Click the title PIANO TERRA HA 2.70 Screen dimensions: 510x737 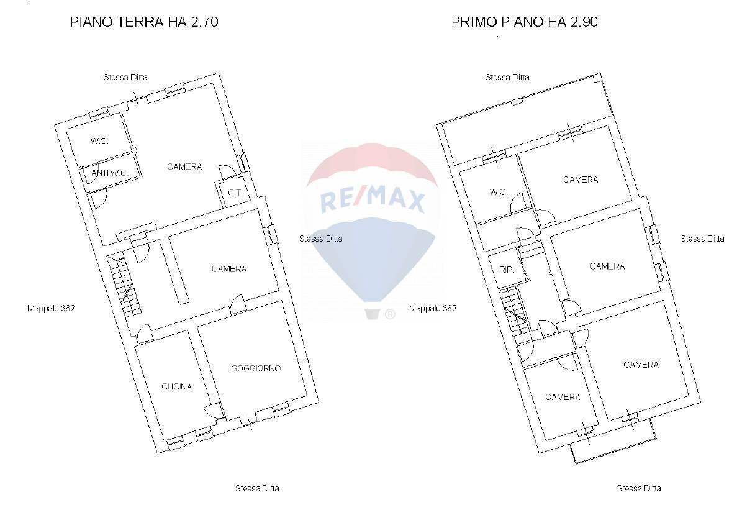pyautogui.click(x=144, y=22)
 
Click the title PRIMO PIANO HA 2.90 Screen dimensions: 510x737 pyautogui.click(x=525, y=22)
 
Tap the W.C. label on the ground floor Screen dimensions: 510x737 pyautogui.click(x=99, y=141)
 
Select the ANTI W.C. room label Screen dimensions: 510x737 pyautogui.click(x=109, y=173)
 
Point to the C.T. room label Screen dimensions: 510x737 pyautogui.click(x=234, y=193)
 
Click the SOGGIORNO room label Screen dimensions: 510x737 pyautogui.click(x=256, y=368)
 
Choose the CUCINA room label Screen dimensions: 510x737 pyautogui.click(x=176, y=386)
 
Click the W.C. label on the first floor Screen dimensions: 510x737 pyautogui.click(x=499, y=192)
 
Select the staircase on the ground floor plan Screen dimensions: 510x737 pyautogui.click(x=124, y=286)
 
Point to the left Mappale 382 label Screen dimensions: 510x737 pyautogui.click(x=51, y=308)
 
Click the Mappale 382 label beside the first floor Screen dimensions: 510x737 pyautogui.click(x=433, y=308)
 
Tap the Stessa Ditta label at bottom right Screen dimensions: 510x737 pyautogui.click(x=638, y=488)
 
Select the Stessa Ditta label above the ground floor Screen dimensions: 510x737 pyautogui.click(x=125, y=77)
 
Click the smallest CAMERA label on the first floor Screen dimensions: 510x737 pyautogui.click(x=563, y=397)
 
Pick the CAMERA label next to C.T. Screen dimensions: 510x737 pyautogui.click(x=184, y=166)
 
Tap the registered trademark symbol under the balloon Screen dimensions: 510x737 pyautogui.click(x=390, y=314)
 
